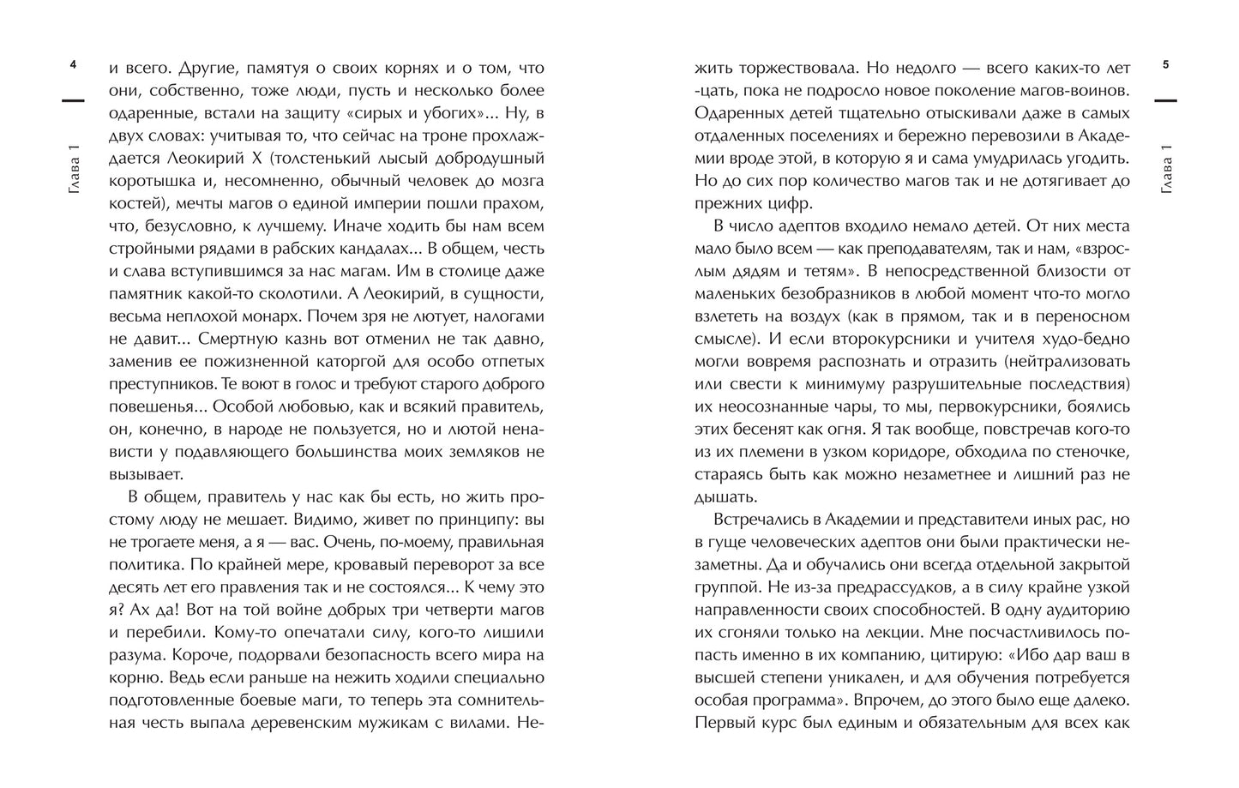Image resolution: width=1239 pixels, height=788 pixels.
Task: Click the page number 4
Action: tap(73, 65)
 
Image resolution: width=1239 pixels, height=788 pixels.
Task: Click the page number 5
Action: tap(1165, 65)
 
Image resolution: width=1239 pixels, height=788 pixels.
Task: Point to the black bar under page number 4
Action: tap(73, 101)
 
